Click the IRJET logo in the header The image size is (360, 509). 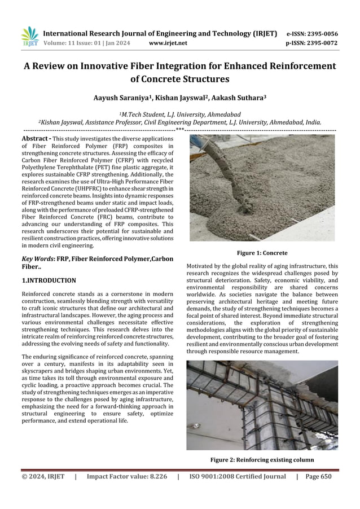pyautogui.click(x=29, y=37)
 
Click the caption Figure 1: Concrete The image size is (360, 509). pyautogui.click(x=262, y=253)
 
